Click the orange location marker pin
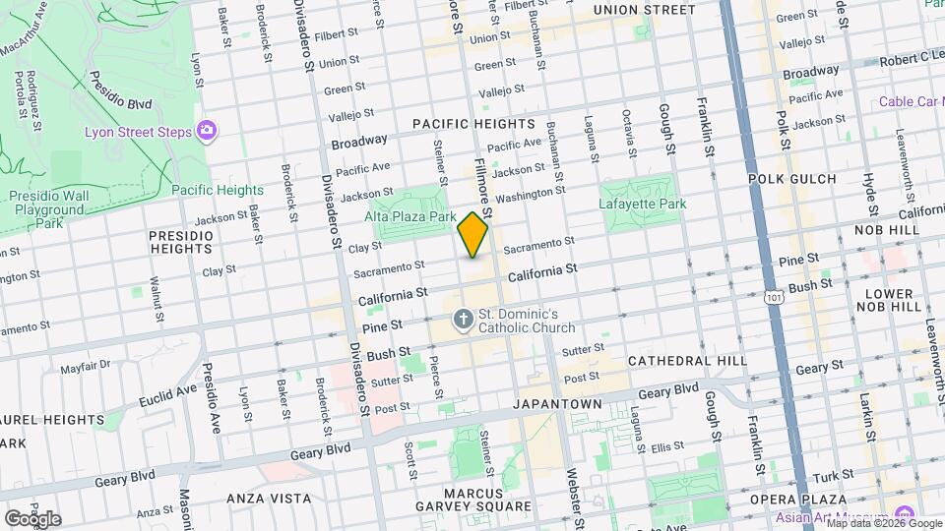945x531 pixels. [472, 235]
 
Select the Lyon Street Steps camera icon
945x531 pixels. [207, 130]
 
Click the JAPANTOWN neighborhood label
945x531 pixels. [556, 404]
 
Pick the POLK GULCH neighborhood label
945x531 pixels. [791, 179]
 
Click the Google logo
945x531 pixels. [31, 518]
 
